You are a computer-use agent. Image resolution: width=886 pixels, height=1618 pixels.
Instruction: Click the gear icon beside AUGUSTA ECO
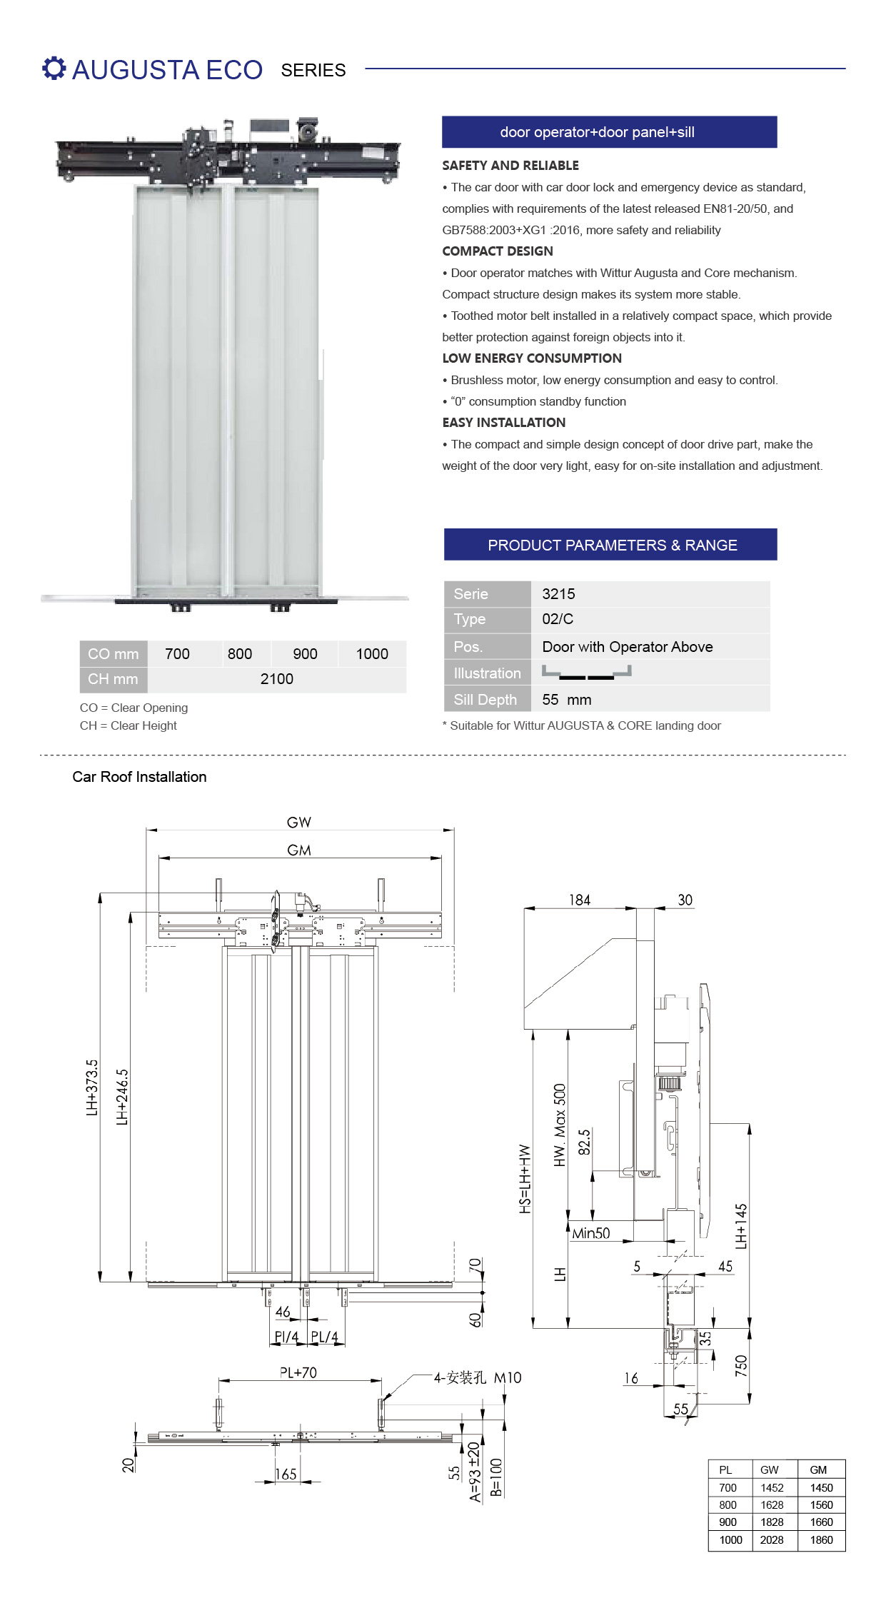[x=54, y=69]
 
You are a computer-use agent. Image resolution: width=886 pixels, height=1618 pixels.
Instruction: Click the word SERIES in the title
[x=313, y=70]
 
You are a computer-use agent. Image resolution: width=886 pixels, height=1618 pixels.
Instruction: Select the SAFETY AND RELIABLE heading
[x=510, y=166]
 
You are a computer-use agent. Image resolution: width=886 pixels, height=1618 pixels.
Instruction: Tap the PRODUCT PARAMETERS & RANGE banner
[x=610, y=545]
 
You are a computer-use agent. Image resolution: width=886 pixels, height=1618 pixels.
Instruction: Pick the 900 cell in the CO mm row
[x=305, y=654]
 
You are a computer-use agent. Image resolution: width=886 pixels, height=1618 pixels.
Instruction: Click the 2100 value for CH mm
[x=277, y=679]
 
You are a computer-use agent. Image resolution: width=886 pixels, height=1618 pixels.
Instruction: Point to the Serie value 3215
[x=558, y=594]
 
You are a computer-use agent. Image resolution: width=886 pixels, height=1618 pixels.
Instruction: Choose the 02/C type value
[x=558, y=619]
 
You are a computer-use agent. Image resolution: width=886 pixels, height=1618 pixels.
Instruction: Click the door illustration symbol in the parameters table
[x=587, y=672]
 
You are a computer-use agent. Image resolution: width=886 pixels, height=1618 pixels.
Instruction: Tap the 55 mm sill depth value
[x=567, y=700]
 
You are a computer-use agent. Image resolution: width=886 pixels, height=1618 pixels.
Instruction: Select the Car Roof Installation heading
[x=139, y=777]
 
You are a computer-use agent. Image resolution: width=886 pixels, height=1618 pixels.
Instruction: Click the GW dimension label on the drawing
[x=299, y=823]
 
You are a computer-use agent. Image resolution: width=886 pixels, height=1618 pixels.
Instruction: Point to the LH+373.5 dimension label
[x=92, y=1087]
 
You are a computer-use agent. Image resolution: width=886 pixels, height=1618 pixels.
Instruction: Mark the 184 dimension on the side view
[x=580, y=900]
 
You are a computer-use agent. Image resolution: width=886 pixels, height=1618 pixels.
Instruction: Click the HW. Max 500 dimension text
[x=560, y=1125]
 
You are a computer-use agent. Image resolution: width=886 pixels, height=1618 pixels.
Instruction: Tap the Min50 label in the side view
[x=591, y=1233]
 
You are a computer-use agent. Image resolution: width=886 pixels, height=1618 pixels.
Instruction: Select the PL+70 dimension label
[x=298, y=1372]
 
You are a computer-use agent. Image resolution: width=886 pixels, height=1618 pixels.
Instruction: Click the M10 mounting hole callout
[x=508, y=1377]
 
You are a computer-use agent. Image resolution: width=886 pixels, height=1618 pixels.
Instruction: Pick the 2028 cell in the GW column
[x=772, y=1539]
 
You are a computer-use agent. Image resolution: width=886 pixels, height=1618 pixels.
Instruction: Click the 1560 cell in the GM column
[x=821, y=1504]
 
